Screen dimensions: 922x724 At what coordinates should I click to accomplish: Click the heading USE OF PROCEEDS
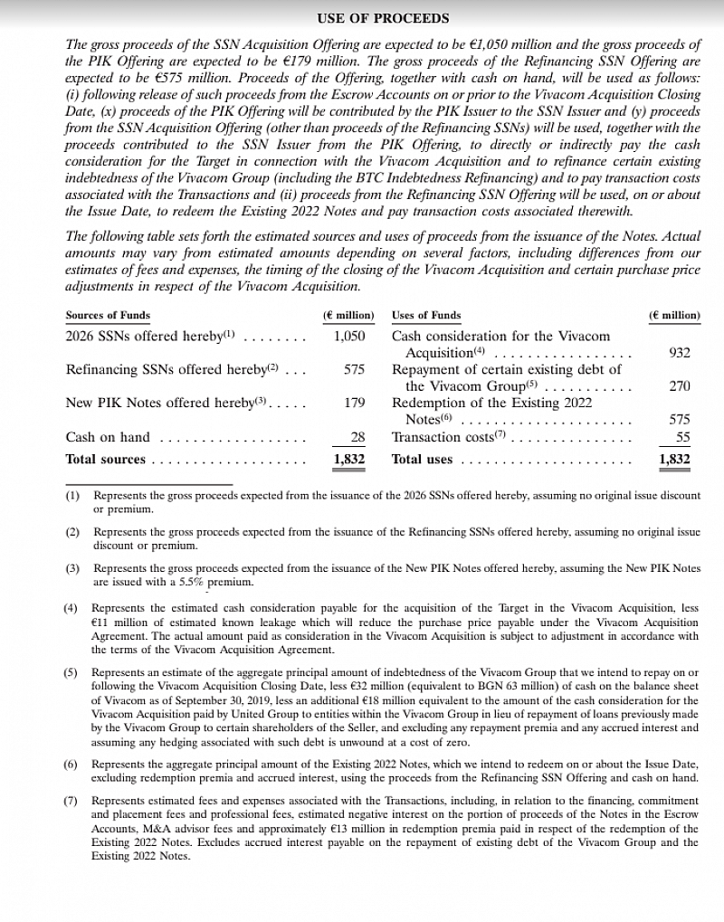point(383,18)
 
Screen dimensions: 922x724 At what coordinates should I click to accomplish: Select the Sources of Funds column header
point(108,316)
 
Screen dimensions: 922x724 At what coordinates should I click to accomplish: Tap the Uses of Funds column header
point(426,316)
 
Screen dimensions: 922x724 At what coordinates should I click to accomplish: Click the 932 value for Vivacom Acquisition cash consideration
point(679,353)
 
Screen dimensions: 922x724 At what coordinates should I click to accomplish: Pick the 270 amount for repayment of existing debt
point(679,386)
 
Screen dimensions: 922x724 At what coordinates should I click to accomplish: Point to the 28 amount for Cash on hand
point(357,437)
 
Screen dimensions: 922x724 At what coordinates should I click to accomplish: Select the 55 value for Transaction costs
point(682,437)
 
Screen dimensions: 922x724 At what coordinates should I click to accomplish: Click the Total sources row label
point(105,460)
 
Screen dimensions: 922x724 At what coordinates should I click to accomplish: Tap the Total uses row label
point(422,460)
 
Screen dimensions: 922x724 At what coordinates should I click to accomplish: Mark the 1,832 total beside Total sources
point(348,460)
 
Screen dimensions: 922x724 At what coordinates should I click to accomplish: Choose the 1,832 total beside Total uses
point(674,460)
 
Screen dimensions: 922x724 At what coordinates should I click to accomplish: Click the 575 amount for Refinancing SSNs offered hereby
point(354,369)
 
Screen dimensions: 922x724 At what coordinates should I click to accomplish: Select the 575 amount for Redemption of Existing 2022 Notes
point(679,420)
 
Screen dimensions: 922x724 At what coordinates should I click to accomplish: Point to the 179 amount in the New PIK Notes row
point(354,403)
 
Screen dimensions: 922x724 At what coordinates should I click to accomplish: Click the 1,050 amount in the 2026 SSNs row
point(348,336)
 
